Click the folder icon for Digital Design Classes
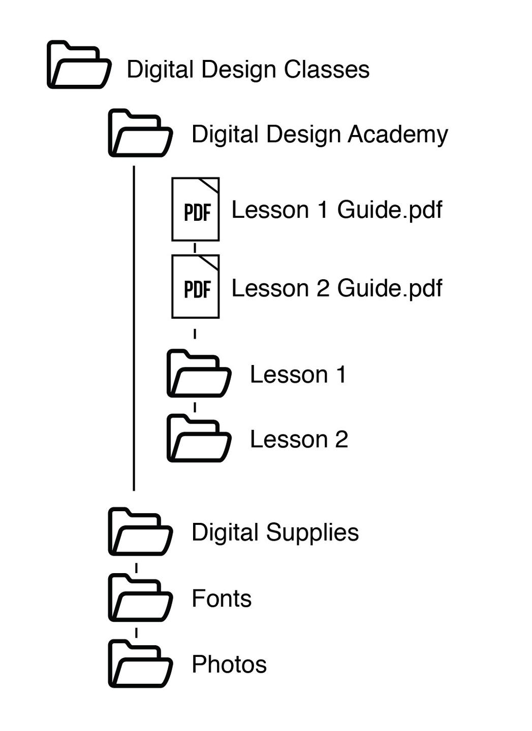pyautogui.click(x=79, y=65)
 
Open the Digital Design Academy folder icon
pyautogui.click(x=140, y=133)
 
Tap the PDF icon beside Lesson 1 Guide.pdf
pyautogui.click(x=196, y=209)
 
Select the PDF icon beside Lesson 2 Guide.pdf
pyautogui.click(x=196, y=287)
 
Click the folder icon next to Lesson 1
pyautogui.click(x=199, y=374)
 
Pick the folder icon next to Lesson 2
pyautogui.click(x=199, y=439)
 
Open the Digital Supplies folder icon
pyautogui.click(x=140, y=532)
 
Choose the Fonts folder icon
pyautogui.click(x=140, y=598)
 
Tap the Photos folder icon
pyautogui.click(x=140, y=664)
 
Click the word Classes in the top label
pyautogui.click(x=326, y=70)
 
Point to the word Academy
pyautogui.click(x=398, y=135)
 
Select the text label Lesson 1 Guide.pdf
pyautogui.click(x=336, y=210)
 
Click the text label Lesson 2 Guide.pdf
pyautogui.click(x=336, y=288)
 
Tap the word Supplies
pyautogui.click(x=312, y=533)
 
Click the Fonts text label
pyautogui.click(x=222, y=599)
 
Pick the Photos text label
pyautogui.click(x=229, y=664)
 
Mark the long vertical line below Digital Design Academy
pyautogui.click(x=134, y=327)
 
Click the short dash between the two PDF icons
pyautogui.click(x=195, y=248)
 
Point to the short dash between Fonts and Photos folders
pyautogui.click(x=136, y=633)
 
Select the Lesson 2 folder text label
pyautogui.click(x=299, y=440)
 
